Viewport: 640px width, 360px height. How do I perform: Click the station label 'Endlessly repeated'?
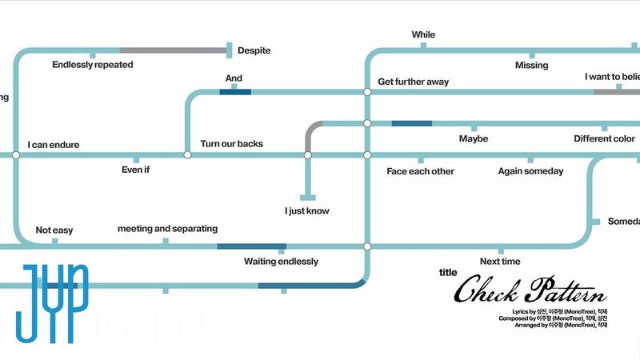pyautogui.click(x=93, y=65)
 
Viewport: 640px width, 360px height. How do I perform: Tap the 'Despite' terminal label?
pyautogui.click(x=254, y=50)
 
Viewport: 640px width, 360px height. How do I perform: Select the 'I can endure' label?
pyautogui.click(x=54, y=145)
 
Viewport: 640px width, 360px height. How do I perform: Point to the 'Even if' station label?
pyautogui.click(x=135, y=170)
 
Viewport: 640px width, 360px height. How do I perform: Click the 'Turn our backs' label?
pyautogui.click(x=231, y=144)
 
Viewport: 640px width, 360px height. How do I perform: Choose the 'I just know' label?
pyautogui.click(x=307, y=211)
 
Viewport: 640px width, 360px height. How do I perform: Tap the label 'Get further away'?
pyautogui.click(x=413, y=82)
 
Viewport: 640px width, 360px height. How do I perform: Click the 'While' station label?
pyautogui.click(x=423, y=34)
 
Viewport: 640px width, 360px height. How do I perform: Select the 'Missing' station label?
pyautogui.click(x=532, y=65)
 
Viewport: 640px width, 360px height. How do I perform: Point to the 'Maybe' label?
pyautogui.click(x=474, y=139)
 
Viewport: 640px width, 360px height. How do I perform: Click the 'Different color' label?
pyautogui.click(x=604, y=139)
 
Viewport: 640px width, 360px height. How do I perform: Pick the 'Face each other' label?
pyautogui.click(x=420, y=171)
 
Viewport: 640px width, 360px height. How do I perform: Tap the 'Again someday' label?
pyautogui.click(x=530, y=171)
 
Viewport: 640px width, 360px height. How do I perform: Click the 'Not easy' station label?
pyautogui.click(x=54, y=230)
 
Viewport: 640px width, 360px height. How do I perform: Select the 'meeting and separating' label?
pyautogui.click(x=167, y=229)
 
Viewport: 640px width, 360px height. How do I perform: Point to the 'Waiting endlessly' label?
pyautogui.click(x=281, y=262)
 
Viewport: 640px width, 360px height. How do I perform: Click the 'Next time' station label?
pyautogui.click(x=500, y=262)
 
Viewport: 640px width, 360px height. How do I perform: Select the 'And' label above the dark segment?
pyautogui.click(x=234, y=78)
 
